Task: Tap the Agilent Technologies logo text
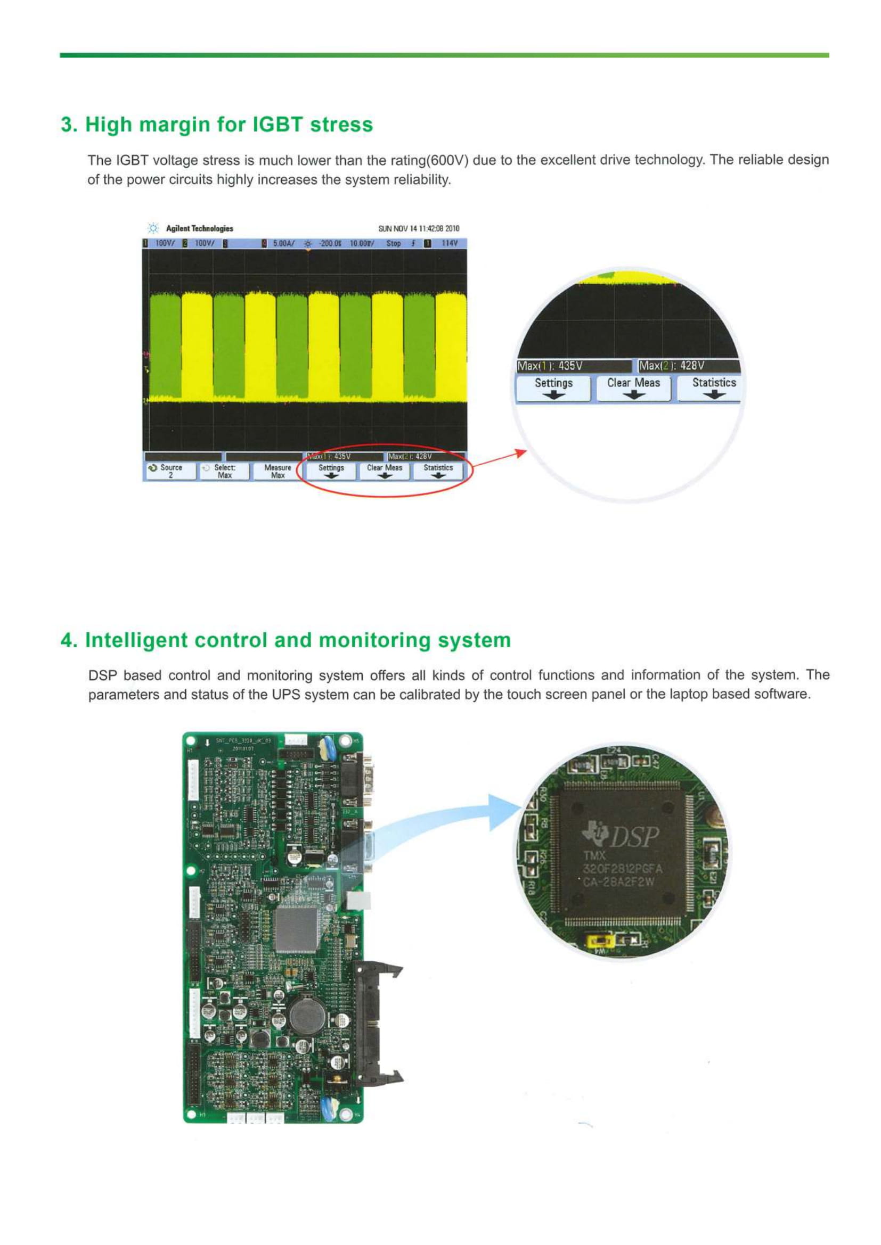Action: point(199,229)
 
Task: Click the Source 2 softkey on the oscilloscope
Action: point(170,471)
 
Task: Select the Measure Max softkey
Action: point(277,471)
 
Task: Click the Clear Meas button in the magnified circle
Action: point(633,387)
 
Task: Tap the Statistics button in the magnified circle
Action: point(713,387)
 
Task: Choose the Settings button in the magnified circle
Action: point(553,387)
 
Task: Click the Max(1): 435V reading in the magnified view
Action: point(550,366)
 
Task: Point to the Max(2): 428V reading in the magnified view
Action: point(672,366)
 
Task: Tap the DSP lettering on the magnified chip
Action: point(635,837)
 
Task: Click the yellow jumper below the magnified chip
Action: point(600,939)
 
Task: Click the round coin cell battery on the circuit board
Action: point(306,1015)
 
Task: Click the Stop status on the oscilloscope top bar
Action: point(393,243)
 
